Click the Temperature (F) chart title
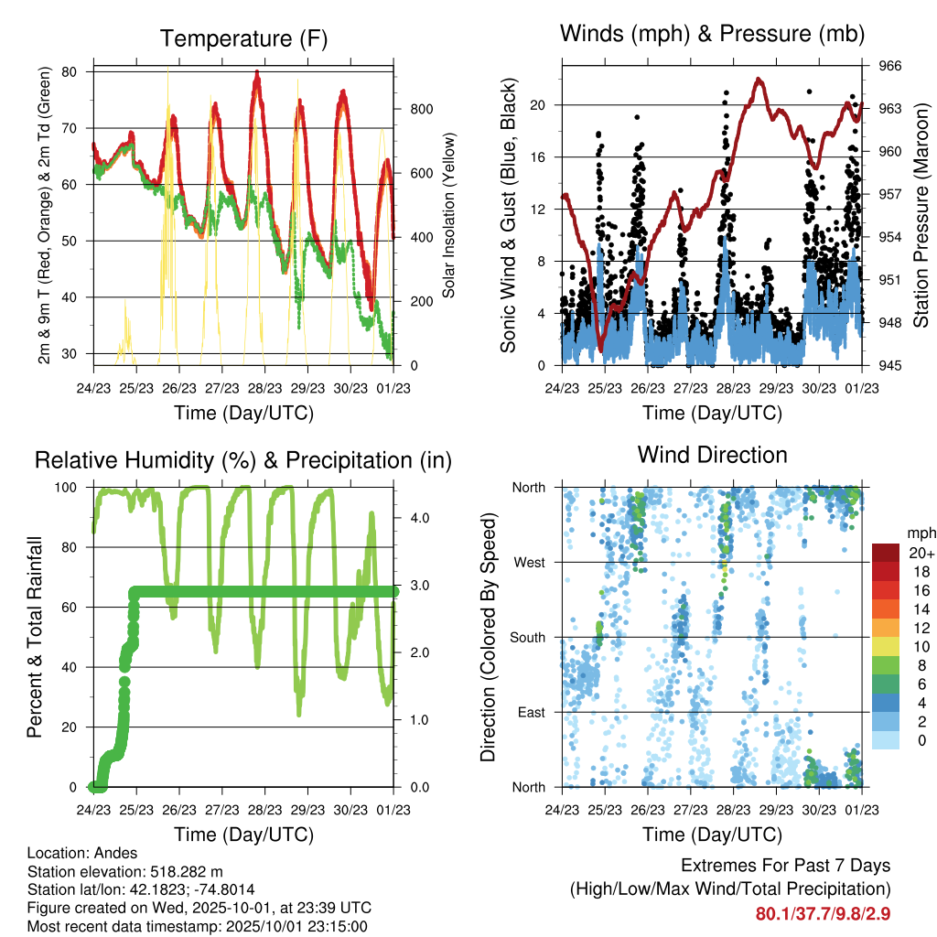pyautogui.click(x=243, y=38)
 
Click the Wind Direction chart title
pyautogui.click(x=712, y=455)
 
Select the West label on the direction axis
pyautogui.click(x=529, y=562)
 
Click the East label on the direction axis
pyautogui.click(x=531, y=712)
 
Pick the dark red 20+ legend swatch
pyautogui.click(x=887, y=553)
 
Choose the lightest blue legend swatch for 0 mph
pyautogui.click(x=887, y=741)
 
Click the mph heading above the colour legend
pyautogui.click(x=920, y=533)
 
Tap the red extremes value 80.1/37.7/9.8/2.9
pyautogui.click(x=823, y=913)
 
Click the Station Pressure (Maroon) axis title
pyautogui.click(x=921, y=215)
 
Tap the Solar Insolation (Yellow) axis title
pyautogui.click(x=449, y=215)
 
